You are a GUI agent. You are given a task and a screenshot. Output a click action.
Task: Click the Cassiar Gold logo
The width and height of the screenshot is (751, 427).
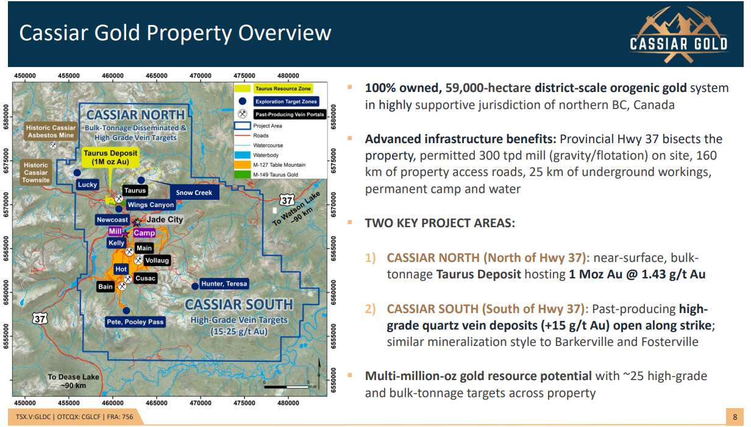pos(678,35)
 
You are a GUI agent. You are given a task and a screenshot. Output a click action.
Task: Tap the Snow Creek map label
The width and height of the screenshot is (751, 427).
pos(194,192)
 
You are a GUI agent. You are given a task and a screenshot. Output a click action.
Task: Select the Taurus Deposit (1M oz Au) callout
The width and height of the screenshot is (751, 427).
pos(110,157)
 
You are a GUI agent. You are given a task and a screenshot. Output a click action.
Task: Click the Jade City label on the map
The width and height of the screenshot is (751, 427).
pos(165,220)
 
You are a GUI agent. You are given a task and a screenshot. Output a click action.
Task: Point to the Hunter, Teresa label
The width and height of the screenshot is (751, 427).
pos(224,284)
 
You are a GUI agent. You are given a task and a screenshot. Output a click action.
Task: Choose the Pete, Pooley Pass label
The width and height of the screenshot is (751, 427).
pos(135,322)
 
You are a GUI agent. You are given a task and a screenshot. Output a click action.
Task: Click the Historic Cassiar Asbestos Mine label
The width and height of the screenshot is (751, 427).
pos(51,132)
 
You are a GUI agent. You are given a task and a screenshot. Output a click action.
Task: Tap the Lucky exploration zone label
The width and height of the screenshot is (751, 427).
pos(87,185)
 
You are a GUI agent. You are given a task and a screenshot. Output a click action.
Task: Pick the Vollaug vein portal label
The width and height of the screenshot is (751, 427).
pos(157,261)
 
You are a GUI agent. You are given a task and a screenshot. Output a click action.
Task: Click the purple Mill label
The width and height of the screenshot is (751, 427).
pos(115,231)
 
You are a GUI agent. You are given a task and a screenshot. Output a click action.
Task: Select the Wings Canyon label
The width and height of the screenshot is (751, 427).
pos(151,205)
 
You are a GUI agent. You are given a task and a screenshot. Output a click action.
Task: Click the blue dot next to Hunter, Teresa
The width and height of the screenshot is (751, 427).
pos(195,286)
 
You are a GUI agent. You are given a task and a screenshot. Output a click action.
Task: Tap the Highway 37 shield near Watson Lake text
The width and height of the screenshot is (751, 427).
pos(287,200)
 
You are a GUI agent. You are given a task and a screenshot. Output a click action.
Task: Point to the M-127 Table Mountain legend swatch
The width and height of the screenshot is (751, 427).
pos(243,165)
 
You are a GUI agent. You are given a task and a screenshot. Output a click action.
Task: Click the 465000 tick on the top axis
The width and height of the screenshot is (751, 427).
pos(157,76)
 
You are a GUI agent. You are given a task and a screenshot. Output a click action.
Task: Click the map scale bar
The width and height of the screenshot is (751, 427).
pos(287,387)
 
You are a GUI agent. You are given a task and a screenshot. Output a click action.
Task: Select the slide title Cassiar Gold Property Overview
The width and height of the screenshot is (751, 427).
pos(175,33)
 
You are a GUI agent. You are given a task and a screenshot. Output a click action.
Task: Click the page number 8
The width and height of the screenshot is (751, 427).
pos(735,417)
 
